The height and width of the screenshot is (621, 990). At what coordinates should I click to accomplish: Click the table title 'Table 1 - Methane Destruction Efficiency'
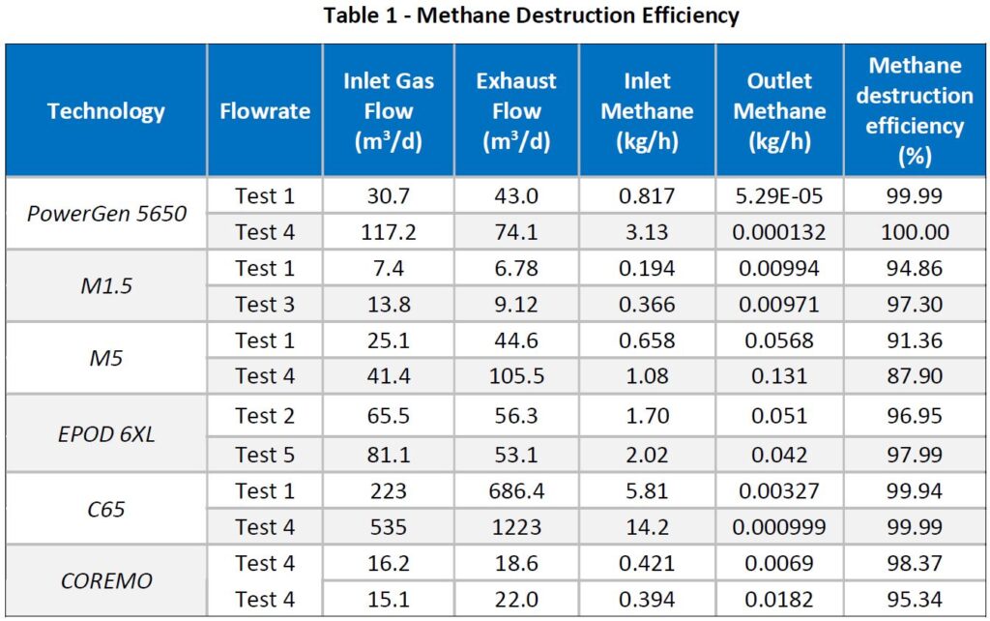[531, 16]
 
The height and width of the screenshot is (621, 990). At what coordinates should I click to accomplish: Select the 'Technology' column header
[106, 110]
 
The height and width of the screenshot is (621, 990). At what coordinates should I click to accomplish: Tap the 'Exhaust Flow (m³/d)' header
[516, 110]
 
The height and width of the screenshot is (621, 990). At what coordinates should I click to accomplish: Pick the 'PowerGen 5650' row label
[106, 214]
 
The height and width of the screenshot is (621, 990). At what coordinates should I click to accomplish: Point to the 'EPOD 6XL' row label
[106, 434]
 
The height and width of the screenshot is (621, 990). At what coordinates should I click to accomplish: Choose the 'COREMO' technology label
[106, 581]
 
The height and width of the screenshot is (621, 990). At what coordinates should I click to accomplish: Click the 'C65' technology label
[106, 508]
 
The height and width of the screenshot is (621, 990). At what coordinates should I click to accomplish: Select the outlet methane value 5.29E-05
[779, 196]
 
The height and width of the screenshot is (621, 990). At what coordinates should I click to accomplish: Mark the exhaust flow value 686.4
[516, 490]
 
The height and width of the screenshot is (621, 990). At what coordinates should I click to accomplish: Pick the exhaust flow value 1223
[516, 527]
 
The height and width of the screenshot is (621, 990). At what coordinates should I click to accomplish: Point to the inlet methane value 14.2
[647, 527]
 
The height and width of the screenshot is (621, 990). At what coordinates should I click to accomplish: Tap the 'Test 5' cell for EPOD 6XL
[265, 454]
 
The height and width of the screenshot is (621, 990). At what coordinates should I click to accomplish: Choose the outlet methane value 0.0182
[779, 600]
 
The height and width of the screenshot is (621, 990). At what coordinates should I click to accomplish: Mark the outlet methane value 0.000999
[779, 527]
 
